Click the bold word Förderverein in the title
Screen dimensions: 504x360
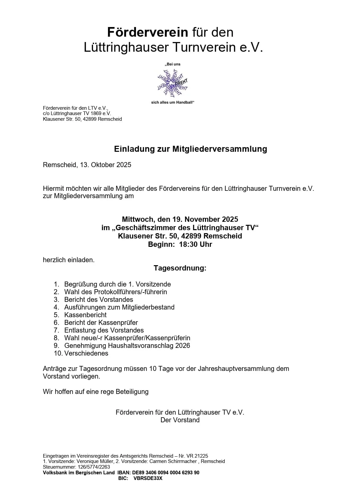click(x=147, y=32)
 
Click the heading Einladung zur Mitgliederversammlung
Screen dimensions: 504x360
click(x=190, y=149)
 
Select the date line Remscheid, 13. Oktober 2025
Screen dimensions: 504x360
click(x=87, y=165)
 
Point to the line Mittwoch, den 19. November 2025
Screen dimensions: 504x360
click(x=180, y=219)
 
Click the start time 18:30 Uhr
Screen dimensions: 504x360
click(x=196, y=244)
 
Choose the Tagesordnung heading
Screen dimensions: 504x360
click(x=180, y=268)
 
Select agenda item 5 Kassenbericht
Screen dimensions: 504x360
click(x=85, y=315)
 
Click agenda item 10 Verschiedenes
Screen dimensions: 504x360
click(x=86, y=353)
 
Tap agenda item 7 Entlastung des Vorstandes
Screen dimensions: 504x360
click(x=104, y=330)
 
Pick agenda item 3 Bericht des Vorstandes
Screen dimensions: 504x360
click(x=98, y=300)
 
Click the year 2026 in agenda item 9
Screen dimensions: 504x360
click(x=183, y=346)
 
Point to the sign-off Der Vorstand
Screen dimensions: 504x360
click(x=180, y=420)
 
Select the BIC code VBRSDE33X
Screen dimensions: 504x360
click(x=148, y=478)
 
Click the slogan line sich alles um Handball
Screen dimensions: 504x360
click(x=172, y=102)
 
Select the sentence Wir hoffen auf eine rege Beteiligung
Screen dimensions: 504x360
click(x=96, y=392)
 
